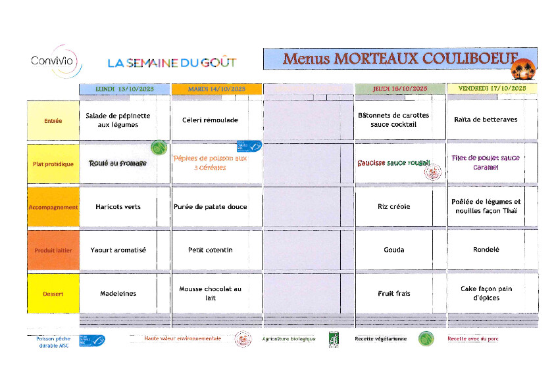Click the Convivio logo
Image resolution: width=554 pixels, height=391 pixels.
click(57, 62)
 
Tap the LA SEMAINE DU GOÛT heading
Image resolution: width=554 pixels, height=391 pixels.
click(172, 63)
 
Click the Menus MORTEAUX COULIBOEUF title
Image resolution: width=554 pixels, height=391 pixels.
click(400, 58)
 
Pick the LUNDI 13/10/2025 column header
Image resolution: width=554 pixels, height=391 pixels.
click(124, 89)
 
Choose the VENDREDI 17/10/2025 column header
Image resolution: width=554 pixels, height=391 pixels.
click(491, 88)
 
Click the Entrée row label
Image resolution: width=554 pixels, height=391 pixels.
click(53, 121)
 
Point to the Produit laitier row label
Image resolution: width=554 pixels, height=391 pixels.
click(53, 250)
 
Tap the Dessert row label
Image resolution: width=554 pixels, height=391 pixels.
click(53, 294)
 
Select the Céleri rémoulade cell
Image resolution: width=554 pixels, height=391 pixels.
click(210, 120)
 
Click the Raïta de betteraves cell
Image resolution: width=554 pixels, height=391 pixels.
click(486, 120)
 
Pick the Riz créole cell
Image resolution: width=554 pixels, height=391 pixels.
click(393, 206)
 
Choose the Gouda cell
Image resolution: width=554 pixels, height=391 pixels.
click(393, 250)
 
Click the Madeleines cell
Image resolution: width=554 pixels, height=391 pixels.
click(118, 294)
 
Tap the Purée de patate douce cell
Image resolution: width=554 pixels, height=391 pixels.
click(210, 207)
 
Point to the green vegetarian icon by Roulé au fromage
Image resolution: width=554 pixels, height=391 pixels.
click(158, 147)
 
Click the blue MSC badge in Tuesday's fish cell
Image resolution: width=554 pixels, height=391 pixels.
click(249, 147)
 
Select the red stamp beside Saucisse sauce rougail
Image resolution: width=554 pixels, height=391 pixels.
click(433, 172)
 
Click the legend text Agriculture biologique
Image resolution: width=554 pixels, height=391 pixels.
click(289, 339)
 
